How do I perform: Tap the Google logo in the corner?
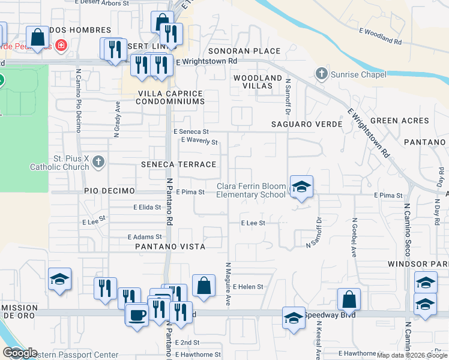pyautogui.click(x=20, y=353)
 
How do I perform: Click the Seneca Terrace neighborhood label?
pyautogui.click(x=178, y=164)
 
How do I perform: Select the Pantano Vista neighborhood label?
pyautogui.click(x=170, y=247)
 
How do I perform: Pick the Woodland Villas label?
pyautogui.click(x=258, y=82)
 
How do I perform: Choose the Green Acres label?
pyautogui.click(x=399, y=121)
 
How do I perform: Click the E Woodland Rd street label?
pyautogui.click(x=380, y=37)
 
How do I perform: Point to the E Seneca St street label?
pyautogui.click(x=191, y=131)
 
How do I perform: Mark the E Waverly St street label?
pyautogui.click(x=199, y=141)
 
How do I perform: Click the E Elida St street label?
pyautogui.click(x=148, y=207)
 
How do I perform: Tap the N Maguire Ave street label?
pyautogui.click(x=228, y=284)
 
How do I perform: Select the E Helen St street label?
pyautogui.click(x=248, y=287)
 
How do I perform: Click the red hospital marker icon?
pyautogui.click(x=60, y=45)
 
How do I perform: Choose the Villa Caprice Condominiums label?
pyautogui.click(x=170, y=97)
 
